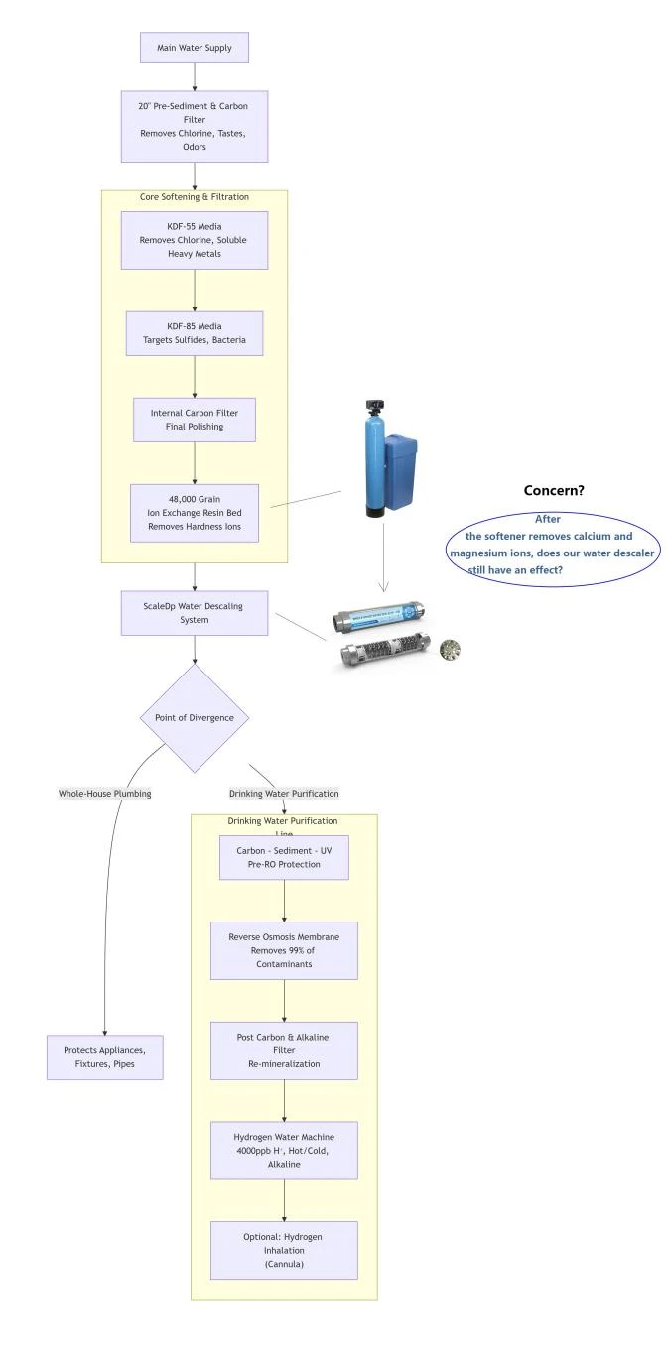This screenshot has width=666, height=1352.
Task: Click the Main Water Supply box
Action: click(194, 48)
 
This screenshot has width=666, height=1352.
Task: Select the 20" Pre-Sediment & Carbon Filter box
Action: click(194, 126)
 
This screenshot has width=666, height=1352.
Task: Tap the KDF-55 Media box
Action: click(194, 240)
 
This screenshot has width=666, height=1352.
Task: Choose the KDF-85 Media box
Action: click(194, 333)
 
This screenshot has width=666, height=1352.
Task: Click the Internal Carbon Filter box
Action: click(194, 420)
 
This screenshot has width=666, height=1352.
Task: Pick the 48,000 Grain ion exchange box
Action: click(194, 513)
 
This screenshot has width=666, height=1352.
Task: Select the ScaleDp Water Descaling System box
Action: click(194, 613)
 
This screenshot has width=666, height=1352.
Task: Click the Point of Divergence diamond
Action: click(194, 717)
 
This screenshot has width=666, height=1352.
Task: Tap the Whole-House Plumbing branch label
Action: click(104, 794)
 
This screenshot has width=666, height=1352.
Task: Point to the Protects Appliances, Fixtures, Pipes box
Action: click(104, 1056)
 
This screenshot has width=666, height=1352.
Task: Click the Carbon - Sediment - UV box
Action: click(284, 857)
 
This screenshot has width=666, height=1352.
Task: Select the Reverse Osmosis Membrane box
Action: click(284, 950)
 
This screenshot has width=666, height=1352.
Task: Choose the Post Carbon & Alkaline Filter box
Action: click(284, 1050)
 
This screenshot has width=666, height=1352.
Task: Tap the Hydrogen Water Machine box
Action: click(284, 1150)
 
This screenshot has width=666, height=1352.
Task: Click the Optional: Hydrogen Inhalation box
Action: click(284, 1250)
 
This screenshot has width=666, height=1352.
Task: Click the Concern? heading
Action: click(554, 490)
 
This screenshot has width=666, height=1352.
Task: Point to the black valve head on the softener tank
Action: click(374, 405)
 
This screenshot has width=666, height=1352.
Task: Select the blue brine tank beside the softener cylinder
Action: click(400, 472)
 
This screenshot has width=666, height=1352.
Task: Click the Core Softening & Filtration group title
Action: click(194, 196)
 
